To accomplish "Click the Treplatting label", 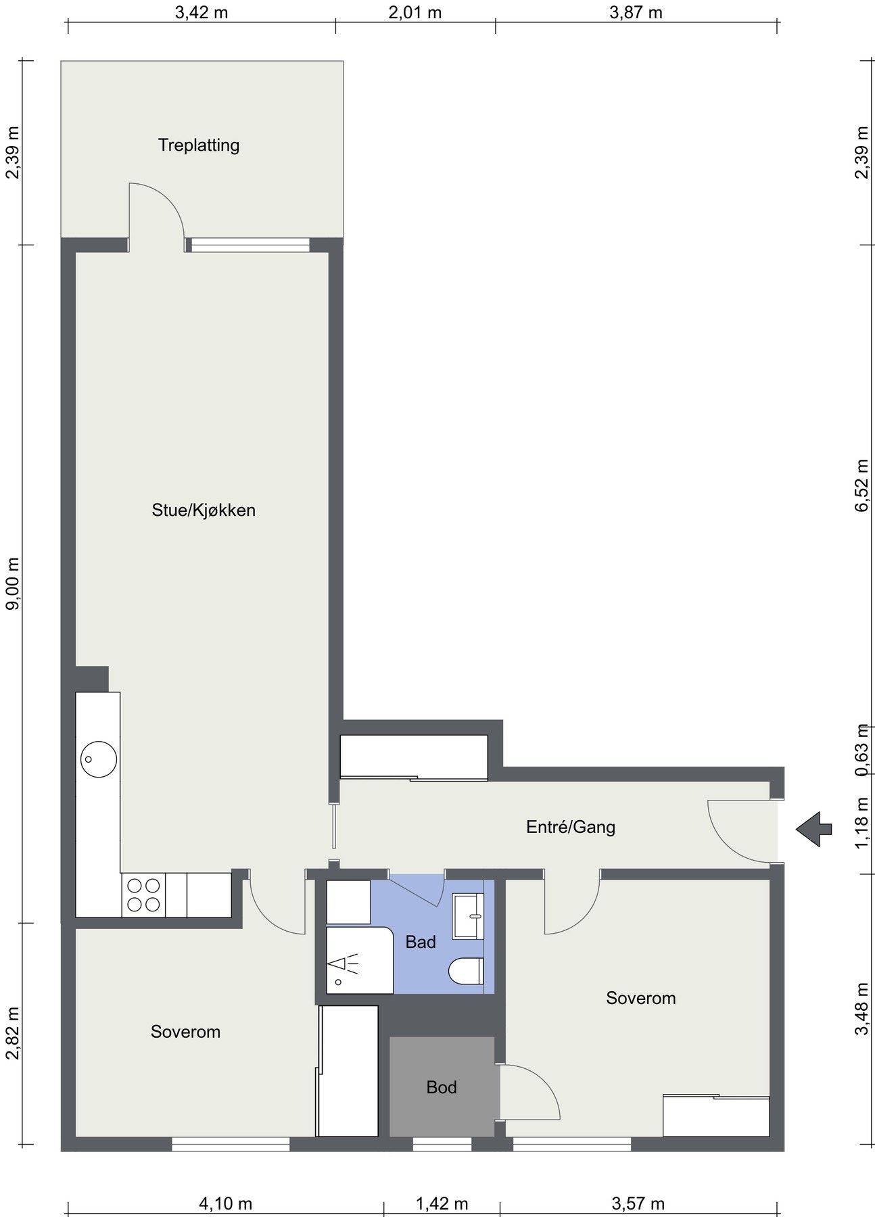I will pos(199,145).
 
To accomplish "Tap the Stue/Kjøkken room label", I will pos(204,510).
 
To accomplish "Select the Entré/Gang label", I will pos(571,827).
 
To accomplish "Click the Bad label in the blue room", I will pos(421,942).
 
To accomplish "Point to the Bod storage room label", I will pos(442,1087).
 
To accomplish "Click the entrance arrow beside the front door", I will pos(813,829).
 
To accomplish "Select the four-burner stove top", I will pos(143,894).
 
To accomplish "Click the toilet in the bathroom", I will pos(467,972).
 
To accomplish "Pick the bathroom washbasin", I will pos(469,916).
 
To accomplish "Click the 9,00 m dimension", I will pos(13,583).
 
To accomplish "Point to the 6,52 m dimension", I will pos(861,487).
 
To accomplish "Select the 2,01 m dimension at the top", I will pos(415,12).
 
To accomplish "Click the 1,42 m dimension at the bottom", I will pos(442,1204).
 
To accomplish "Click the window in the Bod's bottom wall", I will pos(442,1144).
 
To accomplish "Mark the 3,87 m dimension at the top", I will pos(636,12).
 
